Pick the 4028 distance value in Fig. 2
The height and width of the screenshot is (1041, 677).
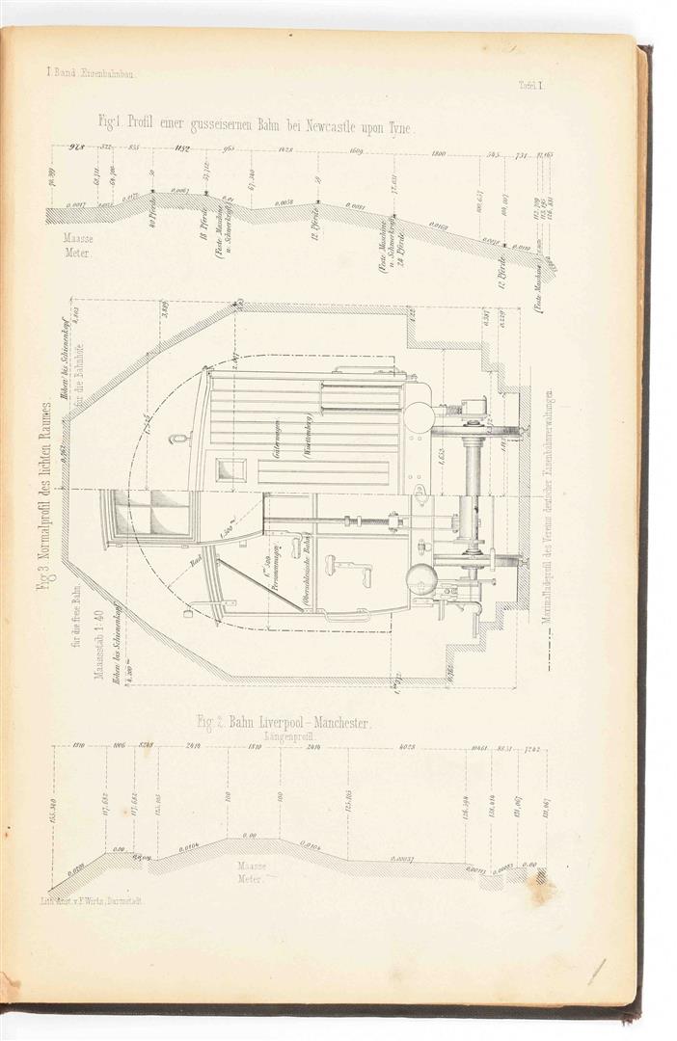coord(406,746)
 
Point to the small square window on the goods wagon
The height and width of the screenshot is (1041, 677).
coord(231,469)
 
